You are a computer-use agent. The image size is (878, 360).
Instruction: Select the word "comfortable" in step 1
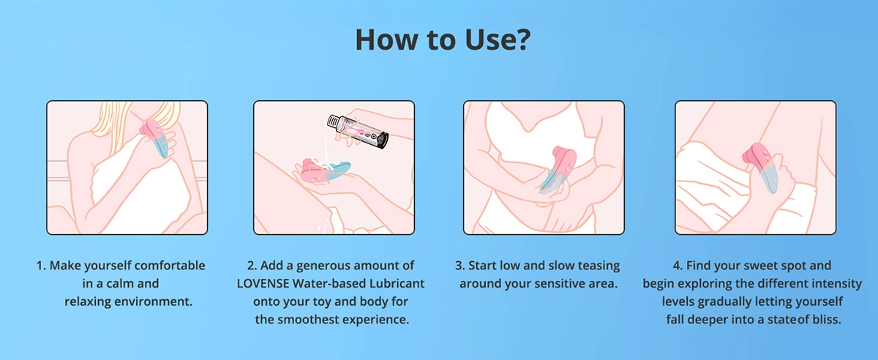(x=170, y=266)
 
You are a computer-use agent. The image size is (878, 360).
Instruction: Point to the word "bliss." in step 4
(x=827, y=320)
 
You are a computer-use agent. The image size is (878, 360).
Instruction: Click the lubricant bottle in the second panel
(x=358, y=132)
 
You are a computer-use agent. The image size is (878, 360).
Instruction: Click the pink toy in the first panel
(x=155, y=138)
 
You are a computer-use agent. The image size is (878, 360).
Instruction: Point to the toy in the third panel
(x=558, y=170)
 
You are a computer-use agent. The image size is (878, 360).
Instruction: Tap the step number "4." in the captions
(x=678, y=266)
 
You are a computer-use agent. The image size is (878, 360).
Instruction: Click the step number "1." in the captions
(x=41, y=266)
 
